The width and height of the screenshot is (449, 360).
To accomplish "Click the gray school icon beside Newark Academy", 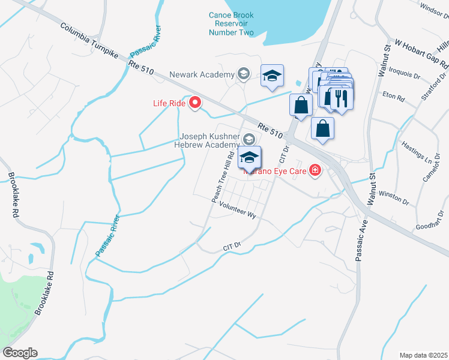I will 243,74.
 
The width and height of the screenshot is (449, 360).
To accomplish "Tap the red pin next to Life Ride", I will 195,103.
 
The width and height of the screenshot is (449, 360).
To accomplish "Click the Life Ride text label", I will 168,103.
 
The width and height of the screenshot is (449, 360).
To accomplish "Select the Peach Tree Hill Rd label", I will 221,176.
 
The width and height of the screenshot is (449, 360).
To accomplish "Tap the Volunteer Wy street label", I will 238,210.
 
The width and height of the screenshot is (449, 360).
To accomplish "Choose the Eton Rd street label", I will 393,95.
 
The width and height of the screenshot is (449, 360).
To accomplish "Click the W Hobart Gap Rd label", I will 421,55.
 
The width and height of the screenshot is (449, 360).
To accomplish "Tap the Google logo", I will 20,353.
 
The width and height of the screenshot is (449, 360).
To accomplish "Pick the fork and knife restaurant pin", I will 342,97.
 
